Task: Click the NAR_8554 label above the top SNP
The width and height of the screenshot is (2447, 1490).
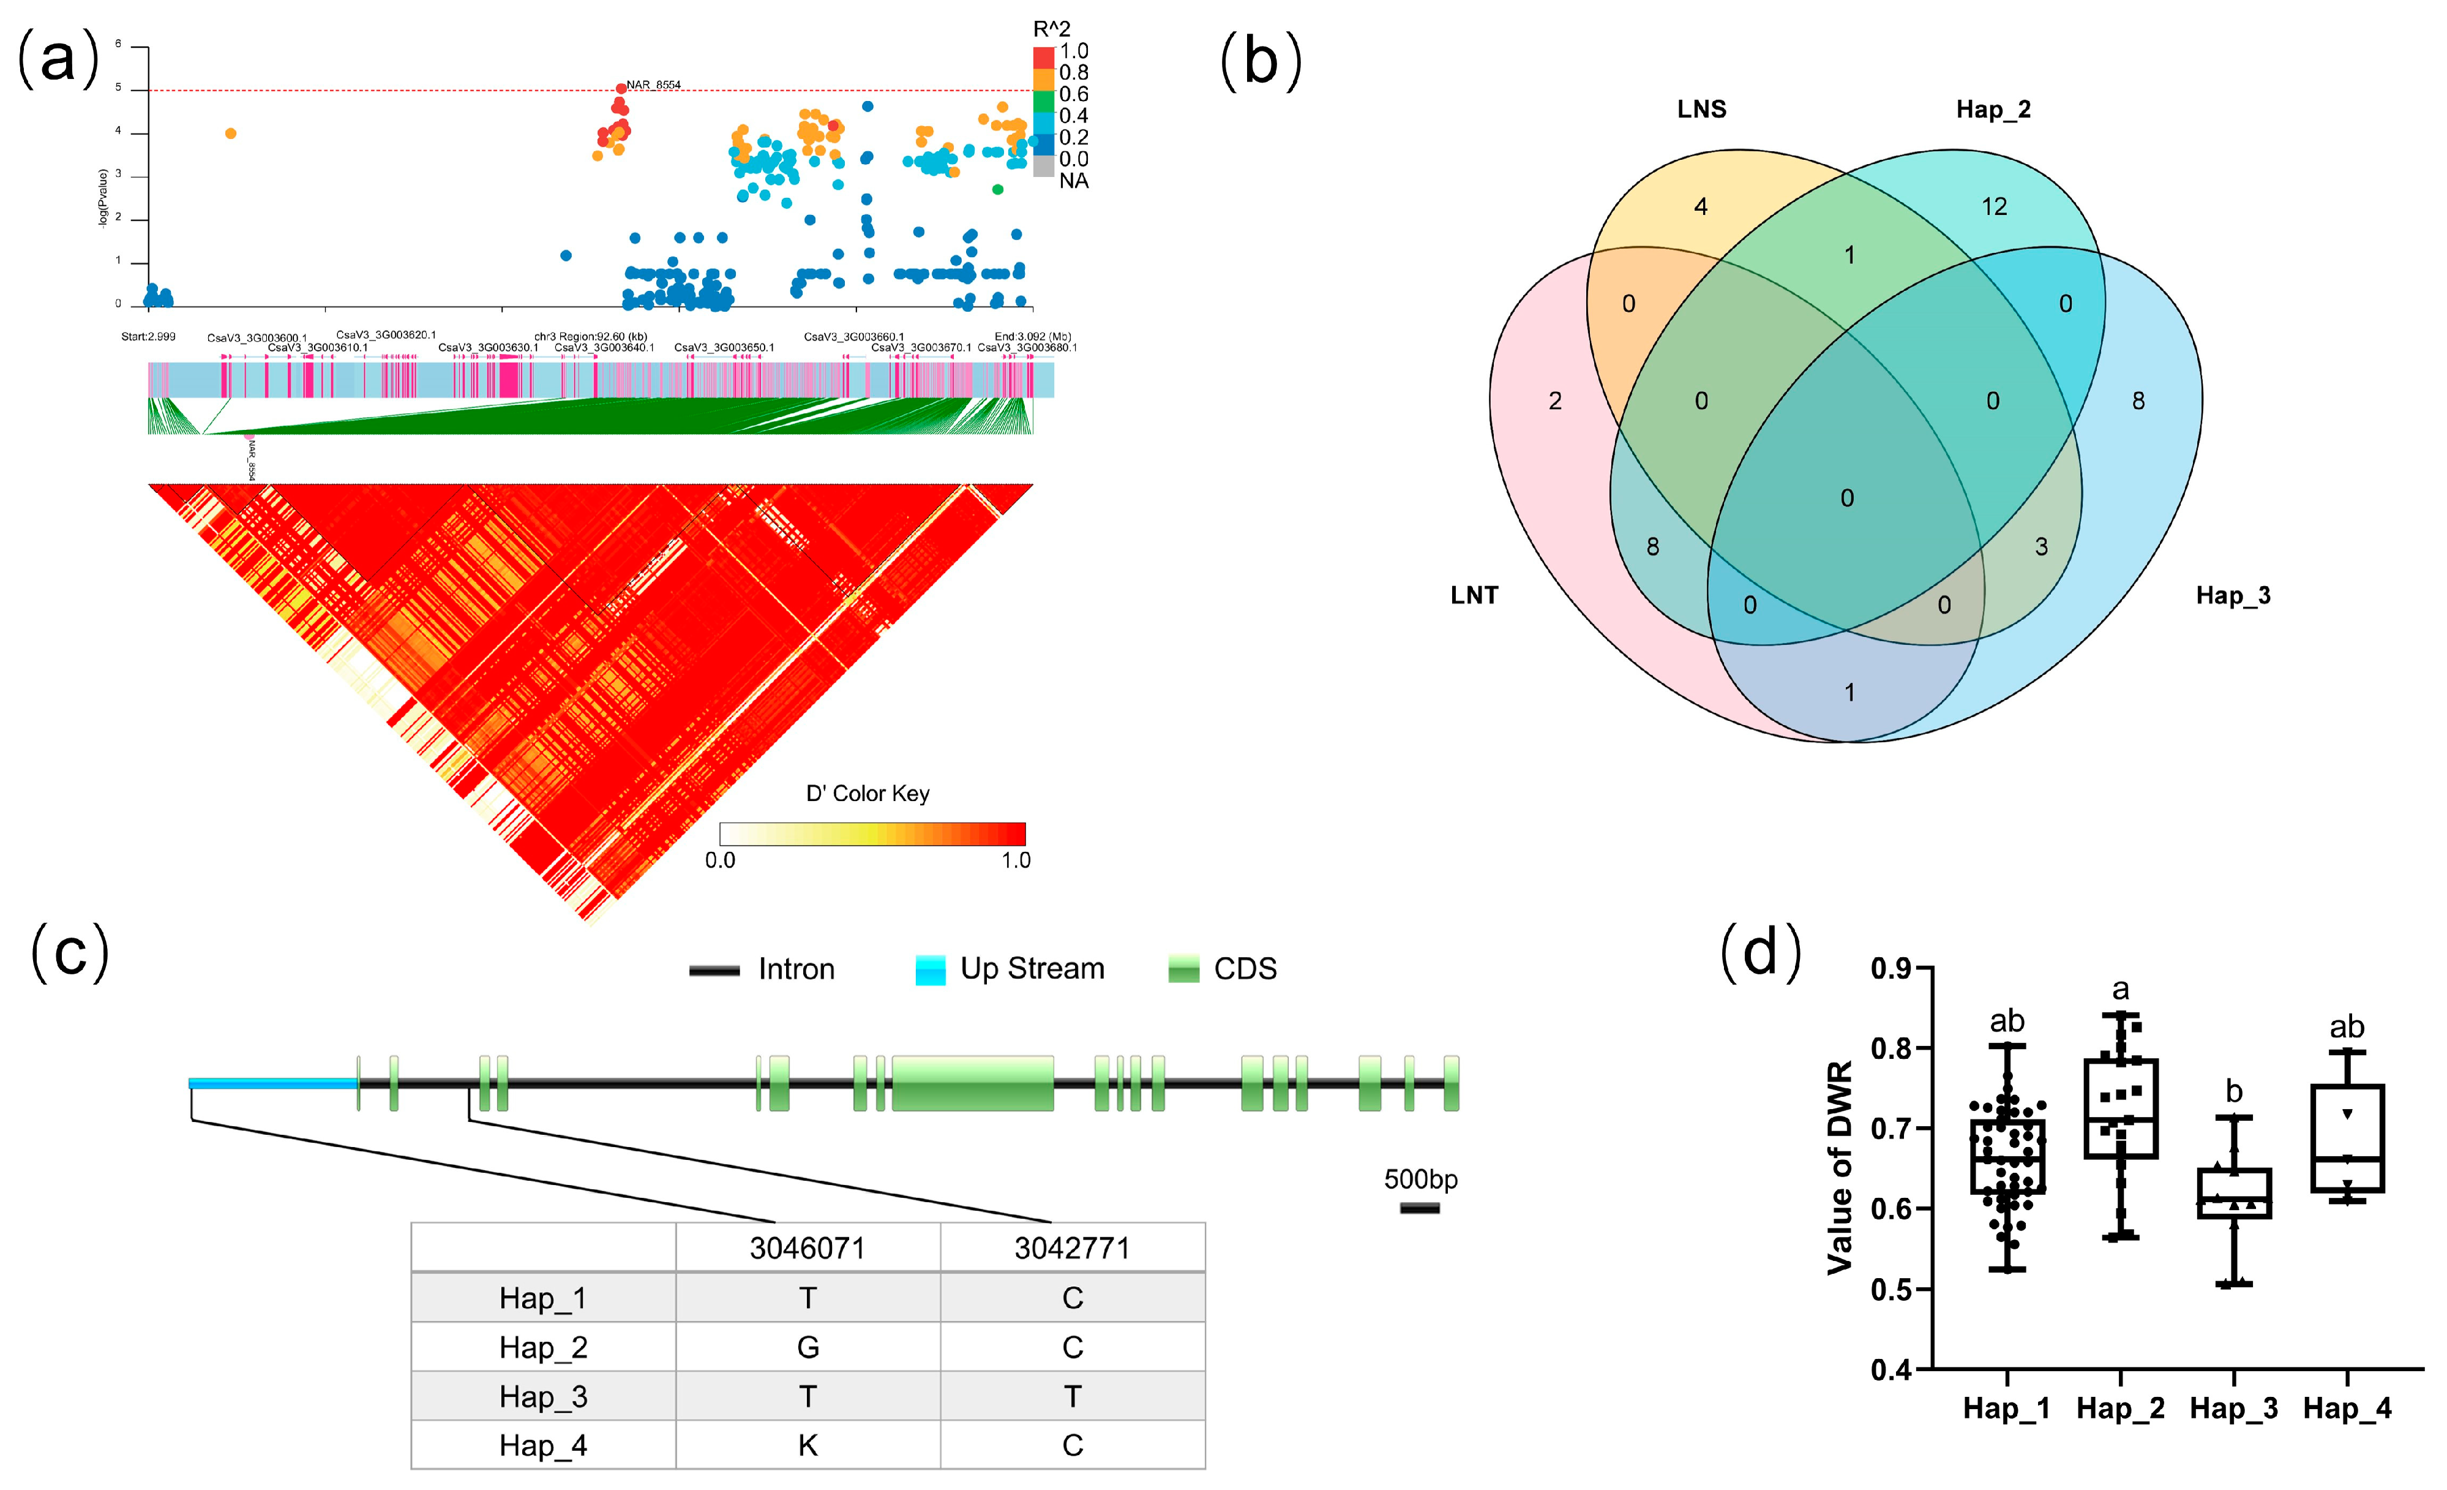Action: [653, 85]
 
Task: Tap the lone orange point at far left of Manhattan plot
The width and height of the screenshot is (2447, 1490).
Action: [230, 133]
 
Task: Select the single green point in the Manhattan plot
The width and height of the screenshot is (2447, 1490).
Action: [997, 189]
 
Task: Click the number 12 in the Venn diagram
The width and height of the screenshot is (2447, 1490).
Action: [1994, 206]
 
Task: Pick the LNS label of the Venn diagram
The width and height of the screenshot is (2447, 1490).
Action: [1701, 109]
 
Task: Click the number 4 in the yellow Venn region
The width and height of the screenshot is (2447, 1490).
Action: [1701, 206]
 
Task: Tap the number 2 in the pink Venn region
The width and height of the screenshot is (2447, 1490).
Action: [1555, 401]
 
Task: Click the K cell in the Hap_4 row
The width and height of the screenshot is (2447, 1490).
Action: [808, 1445]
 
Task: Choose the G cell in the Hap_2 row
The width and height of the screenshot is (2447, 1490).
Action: [808, 1347]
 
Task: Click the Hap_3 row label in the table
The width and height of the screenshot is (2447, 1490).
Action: [543, 1397]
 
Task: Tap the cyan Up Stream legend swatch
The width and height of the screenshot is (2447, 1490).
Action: [929, 969]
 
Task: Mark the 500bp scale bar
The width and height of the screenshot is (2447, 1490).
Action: [1419, 1208]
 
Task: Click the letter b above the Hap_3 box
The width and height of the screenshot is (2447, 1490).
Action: [2233, 1092]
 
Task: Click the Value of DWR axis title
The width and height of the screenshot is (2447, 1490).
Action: [1839, 1167]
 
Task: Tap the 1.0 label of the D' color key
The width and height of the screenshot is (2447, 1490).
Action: [1015, 860]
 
